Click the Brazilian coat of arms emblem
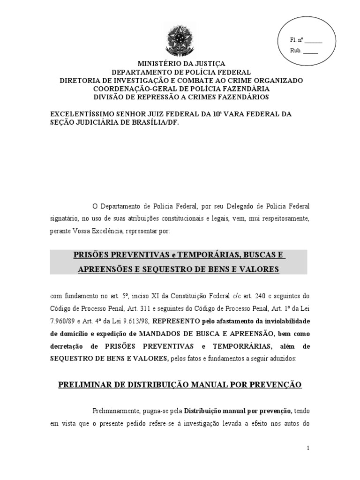point(180,42)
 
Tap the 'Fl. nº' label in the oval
point(297,40)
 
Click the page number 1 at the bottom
point(308,448)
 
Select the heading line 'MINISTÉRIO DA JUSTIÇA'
point(181,64)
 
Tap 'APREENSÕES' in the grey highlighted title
point(101,269)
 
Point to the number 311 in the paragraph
point(146,308)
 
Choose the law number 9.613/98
point(136,321)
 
